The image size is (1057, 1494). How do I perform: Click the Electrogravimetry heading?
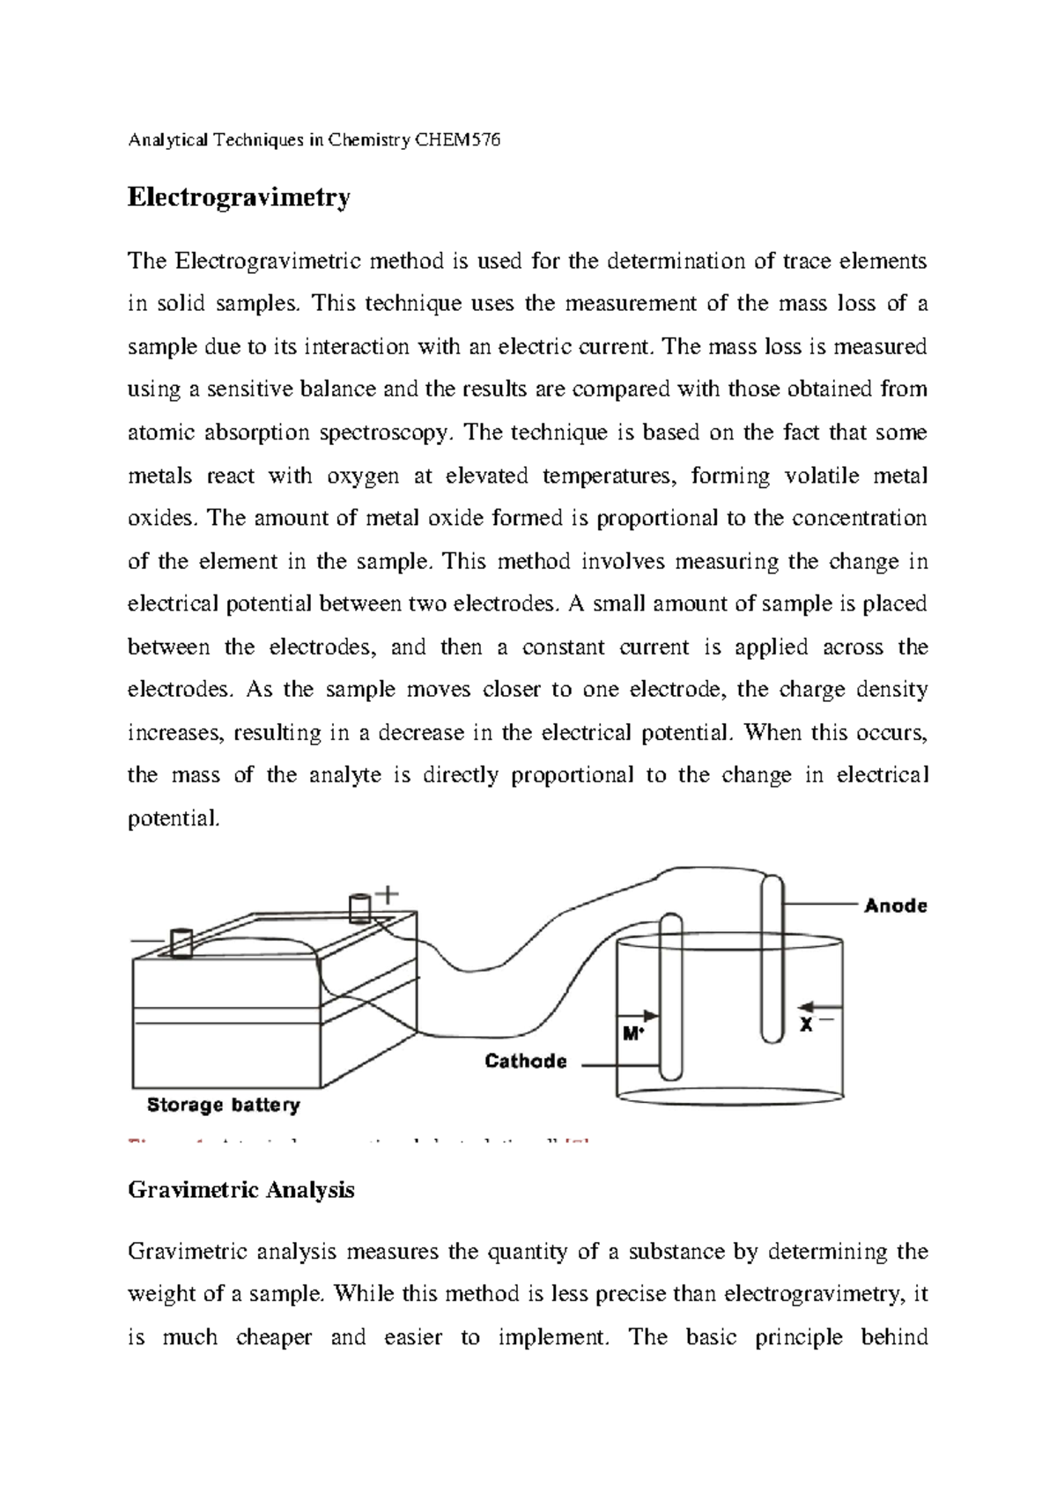click(x=239, y=197)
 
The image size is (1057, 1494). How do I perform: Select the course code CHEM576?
click(x=457, y=140)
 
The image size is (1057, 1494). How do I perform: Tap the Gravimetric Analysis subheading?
click(x=241, y=1190)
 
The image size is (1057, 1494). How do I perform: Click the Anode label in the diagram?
click(x=895, y=906)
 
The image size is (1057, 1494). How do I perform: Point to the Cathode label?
click(x=526, y=1061)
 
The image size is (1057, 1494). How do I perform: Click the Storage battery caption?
click(x=223, y=1105)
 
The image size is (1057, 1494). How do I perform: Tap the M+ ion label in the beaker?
click(x=632, y=1033)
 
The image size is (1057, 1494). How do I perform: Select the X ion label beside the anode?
click(x=806, y=1024)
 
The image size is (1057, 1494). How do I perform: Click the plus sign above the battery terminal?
click(x=387, y=894)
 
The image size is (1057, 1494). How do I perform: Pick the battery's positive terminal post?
click(x=359, y=908)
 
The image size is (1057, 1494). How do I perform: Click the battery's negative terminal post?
click(x=181, y=943)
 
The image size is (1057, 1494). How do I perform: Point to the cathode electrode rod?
click(x=670, y=995)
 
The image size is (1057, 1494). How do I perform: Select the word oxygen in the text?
click(x=362, y=476)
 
